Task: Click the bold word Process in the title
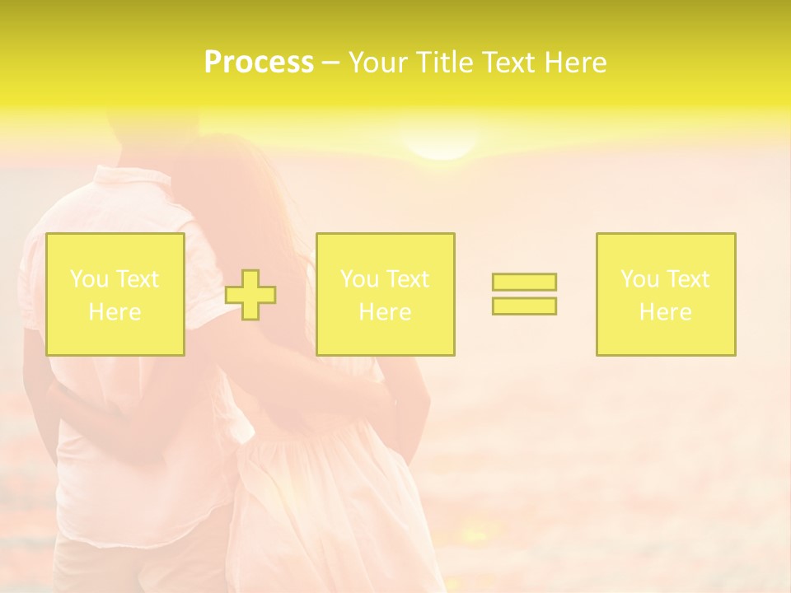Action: (x=259, y=63)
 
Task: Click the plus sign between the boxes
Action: (x=250, y=295)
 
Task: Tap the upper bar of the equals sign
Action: (x=524, y=282)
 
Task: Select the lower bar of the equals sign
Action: (x=524, y=306)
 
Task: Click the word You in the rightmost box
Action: (x=639, y=279)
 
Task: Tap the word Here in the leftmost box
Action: (x=115, y=312)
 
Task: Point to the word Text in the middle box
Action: (x=409, y=279)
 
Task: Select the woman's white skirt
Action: (x=330, y=502)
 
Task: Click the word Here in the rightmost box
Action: (x=666, y=312)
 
